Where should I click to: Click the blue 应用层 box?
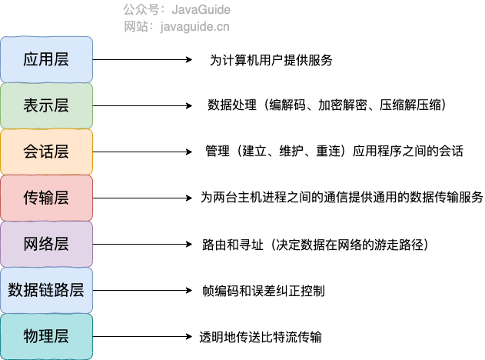46,59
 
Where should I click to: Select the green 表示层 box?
46,105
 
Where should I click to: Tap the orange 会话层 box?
46,152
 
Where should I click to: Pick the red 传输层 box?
46,198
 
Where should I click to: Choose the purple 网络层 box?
46,244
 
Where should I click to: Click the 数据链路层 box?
46,290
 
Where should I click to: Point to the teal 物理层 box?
46,336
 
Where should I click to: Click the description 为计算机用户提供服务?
271,59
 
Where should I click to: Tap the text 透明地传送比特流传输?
260,337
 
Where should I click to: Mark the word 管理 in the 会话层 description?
218,152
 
